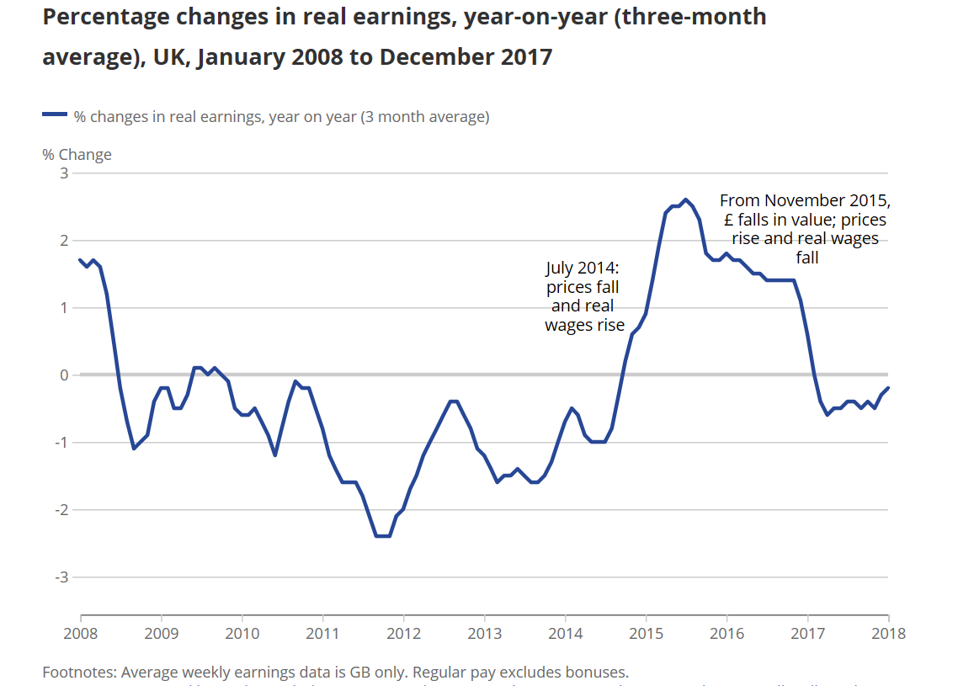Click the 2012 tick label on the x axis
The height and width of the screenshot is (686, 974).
404,633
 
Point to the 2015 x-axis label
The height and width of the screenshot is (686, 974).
646,633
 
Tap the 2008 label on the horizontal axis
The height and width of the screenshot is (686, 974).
81,633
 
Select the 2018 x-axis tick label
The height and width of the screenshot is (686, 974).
888,633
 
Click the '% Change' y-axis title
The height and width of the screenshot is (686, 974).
77,155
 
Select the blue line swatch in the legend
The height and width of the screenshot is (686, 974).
55,116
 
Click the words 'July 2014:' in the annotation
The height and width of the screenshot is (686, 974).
583,269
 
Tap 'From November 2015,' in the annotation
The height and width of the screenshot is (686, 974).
805,200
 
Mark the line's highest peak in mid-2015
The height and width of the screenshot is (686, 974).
686,199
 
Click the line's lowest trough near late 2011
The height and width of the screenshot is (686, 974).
382,535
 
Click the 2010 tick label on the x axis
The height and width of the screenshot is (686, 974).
242,633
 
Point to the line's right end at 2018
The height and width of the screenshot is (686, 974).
888,388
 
